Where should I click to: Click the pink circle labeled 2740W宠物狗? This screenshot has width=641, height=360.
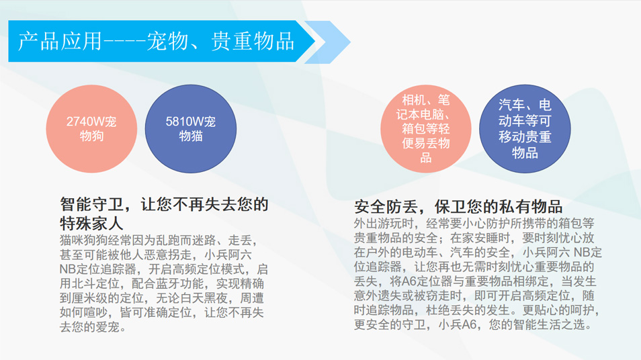tap(91, 129)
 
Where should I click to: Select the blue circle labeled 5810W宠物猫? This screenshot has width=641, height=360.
tap(191, 129)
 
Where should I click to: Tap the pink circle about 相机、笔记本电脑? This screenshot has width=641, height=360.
tap(425, 129)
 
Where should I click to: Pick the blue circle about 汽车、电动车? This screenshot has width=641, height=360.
tap(525, 129)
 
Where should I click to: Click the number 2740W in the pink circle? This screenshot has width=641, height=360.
tap(85, 122)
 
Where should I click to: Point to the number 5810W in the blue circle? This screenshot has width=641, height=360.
tap(184, 122)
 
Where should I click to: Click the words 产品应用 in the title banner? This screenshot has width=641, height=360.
tap(60, 41)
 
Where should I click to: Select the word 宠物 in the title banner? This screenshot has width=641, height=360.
tap(167, 41)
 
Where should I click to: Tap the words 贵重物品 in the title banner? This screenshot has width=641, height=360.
tap(253, 41)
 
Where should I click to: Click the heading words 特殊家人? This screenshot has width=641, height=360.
tap(91, 223)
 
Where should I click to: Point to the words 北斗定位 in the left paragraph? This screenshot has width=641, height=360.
tap(95, 283)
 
